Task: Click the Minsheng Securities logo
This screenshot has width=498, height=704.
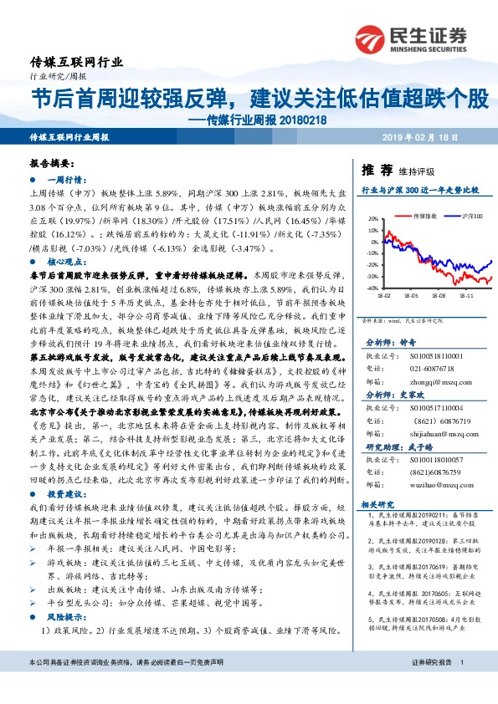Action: pos(409,38)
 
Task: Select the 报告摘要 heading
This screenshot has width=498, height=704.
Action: pos(52,166)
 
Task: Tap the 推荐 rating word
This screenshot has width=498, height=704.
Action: pos(376,170)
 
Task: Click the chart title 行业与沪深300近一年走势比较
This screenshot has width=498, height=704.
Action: pos(419,191)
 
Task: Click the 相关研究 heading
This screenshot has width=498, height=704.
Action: pos(377,505)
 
